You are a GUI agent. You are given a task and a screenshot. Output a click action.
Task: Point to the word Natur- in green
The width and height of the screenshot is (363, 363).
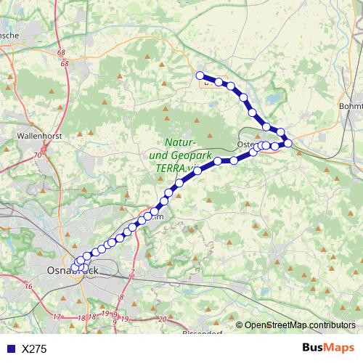point(181,142)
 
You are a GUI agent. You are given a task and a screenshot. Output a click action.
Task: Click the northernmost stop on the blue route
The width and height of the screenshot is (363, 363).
point(200,75)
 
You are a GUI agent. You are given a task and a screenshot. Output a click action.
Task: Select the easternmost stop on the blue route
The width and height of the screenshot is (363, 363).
point(288,143)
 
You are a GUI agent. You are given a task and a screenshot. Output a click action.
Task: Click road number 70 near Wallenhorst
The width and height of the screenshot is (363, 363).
point(36,155)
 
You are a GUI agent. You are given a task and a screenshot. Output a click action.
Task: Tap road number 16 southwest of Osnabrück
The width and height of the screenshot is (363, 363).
point(28,287)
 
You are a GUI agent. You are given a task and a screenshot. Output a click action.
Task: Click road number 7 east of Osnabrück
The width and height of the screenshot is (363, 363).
point(133,273)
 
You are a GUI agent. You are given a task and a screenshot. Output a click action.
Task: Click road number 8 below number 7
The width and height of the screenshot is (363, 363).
point(121,298)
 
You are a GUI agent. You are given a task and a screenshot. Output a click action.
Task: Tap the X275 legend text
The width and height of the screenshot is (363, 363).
point(34,349)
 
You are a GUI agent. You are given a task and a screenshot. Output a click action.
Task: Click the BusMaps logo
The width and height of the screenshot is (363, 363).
point(327,348)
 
